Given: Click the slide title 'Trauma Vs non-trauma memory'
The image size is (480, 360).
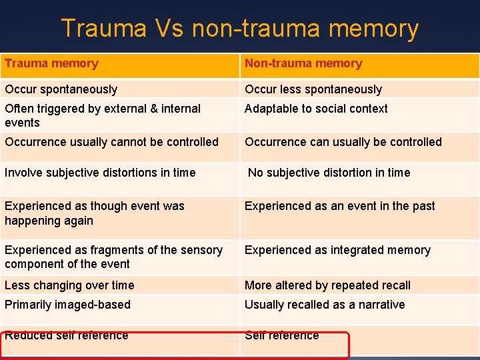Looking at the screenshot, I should pos(240,29).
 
